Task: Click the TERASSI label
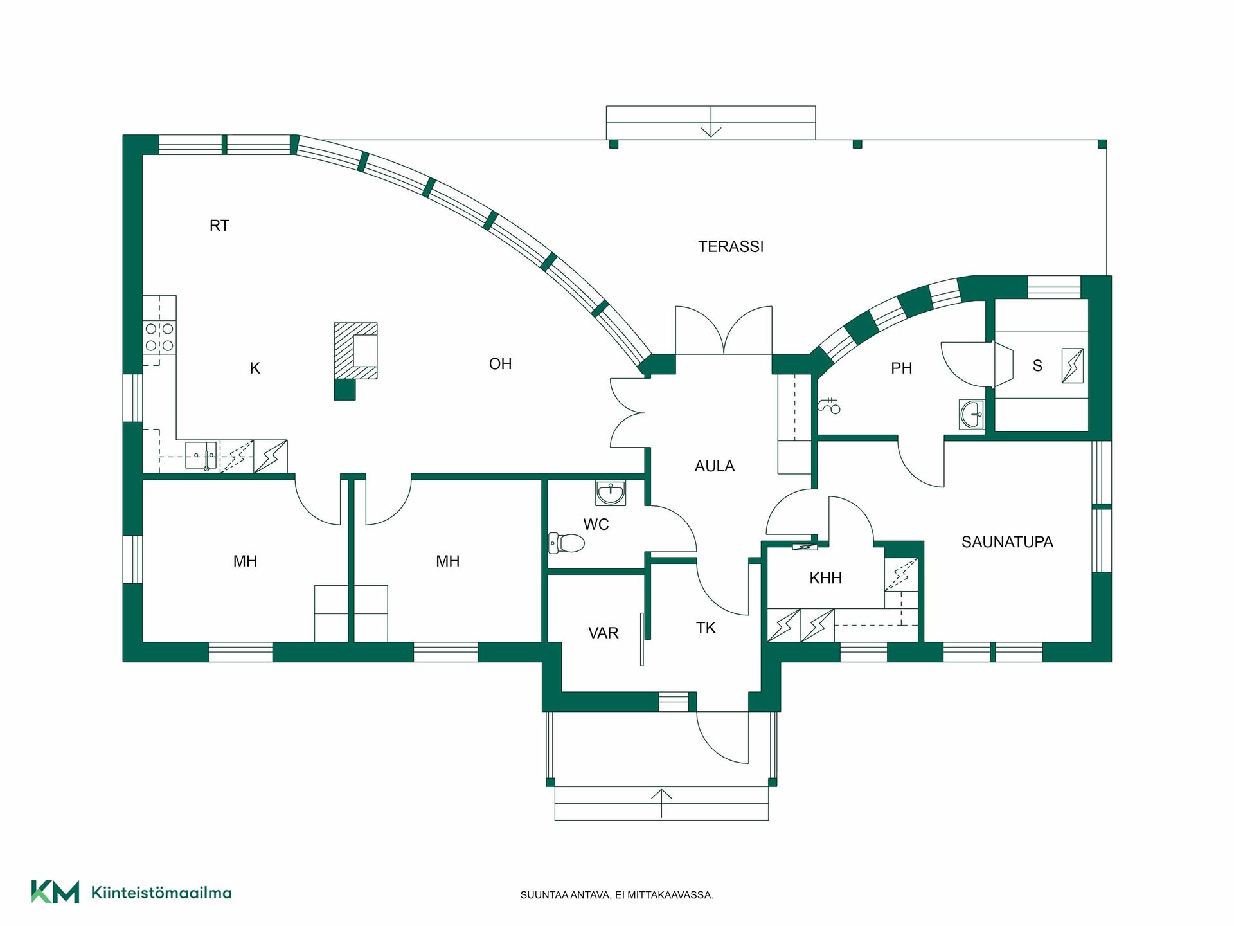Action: (731, 246)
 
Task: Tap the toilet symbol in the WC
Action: (566, 543)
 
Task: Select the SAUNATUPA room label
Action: (1007, 542)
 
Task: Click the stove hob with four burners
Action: (159, 338)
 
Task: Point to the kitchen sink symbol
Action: (202, 456)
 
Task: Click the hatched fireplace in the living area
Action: (355, 351)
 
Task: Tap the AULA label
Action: (714, 466)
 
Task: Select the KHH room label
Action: (825, 578)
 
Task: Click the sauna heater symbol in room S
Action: (1072, 366)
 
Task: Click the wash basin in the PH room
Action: (972, 413)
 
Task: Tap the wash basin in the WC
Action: (611, 493)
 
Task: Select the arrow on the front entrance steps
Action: (661, 804)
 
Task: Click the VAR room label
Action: (603, 633)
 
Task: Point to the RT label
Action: (219, 226)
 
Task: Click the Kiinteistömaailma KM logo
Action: (132, 892)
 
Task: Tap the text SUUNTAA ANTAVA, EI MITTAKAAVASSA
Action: (616, 895)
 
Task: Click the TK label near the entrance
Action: (706, 628)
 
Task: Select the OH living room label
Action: (500, 364)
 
